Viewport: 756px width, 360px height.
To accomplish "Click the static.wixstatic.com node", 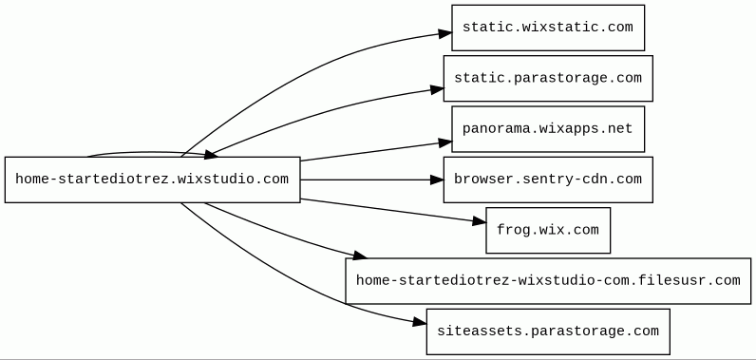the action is coord(548,28).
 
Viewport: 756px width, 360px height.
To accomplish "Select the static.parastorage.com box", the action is coord(548,78).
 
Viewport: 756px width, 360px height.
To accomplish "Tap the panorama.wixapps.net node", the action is coord(548,128).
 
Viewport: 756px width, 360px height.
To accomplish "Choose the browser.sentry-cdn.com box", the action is coord(548,180).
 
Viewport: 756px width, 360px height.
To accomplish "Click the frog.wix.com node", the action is coord(548,230).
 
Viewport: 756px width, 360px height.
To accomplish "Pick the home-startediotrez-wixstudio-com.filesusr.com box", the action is coord(548,281).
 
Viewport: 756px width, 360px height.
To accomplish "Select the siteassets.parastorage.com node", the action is coord(548,332).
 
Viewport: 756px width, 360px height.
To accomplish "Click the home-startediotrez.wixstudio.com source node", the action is coord(152,180).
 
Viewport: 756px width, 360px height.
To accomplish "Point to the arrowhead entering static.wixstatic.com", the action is coord(445,33).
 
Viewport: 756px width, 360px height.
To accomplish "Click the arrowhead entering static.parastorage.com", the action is coord(437,89).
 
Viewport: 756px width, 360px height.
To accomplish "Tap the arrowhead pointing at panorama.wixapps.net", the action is coord(445,142).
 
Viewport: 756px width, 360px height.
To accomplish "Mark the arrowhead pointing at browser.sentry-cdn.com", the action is coord(437,180).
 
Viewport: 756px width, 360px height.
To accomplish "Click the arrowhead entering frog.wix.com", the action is coord(480,221).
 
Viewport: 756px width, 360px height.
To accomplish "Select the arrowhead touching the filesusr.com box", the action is coord(360,256).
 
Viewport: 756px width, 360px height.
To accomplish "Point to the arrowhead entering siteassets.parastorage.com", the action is coord(420,322).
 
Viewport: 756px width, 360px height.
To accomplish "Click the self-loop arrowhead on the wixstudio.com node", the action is coord(211,154).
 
